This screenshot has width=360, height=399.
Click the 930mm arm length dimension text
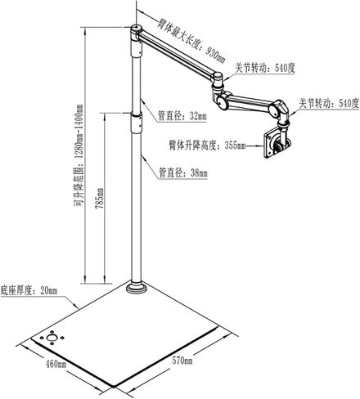tap(191, 41)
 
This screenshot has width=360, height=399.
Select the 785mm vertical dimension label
tap(99, 198)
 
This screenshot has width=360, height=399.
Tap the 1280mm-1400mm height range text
tap(79, 155)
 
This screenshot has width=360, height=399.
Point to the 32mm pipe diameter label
tap(182, 116)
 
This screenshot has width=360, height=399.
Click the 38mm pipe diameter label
tap(183, 173)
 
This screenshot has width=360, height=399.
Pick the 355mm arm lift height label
tap(207, 146)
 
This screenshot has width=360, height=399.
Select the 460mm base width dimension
tap(56, 364)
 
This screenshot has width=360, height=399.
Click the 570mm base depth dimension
tap(182, 361)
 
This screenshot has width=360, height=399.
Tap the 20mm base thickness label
tap(29, 290)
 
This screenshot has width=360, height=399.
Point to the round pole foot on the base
tap(137, 288)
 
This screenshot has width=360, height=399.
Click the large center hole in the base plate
tap(52, 338)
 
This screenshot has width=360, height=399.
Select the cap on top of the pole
tap(137, 29)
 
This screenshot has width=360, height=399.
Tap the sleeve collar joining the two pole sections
tap(137, 124)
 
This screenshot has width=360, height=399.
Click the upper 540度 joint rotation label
tap(265, 68)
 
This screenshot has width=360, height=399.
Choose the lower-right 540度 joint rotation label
tap(329, 103)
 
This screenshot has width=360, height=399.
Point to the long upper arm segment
tap(178, 53)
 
